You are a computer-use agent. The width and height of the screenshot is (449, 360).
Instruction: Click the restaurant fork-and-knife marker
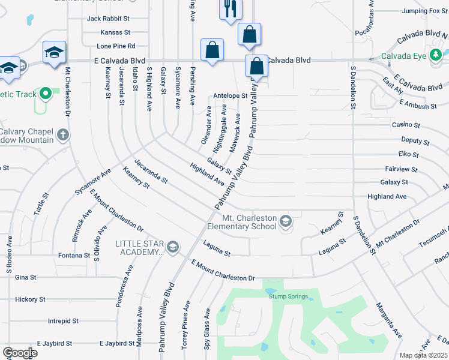[x=230, y=9]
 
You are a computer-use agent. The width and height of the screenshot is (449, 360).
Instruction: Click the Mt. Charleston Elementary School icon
[x=286, y=221]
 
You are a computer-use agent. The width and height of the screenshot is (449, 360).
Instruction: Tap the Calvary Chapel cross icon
[x=63, y=136]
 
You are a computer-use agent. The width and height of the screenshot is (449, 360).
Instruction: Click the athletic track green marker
[x=46, y=94]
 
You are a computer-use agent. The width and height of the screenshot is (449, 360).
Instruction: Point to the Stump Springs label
[x=289, y=297]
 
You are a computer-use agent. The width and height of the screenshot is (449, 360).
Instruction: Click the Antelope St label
[x=231, y=95]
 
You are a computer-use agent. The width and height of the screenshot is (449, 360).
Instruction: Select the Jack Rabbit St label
[x=109, y=19]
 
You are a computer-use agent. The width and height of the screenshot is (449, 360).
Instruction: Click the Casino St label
[x=406, y=125]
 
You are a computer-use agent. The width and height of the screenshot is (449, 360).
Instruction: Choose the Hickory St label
[x=30, y=299]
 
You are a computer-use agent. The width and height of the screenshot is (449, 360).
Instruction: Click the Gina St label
[x=26, y=277]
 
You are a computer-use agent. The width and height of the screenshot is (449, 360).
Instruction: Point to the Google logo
[x=19, y=353]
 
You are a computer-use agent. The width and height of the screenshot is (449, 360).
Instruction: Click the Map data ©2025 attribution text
[x=424, y=355]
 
